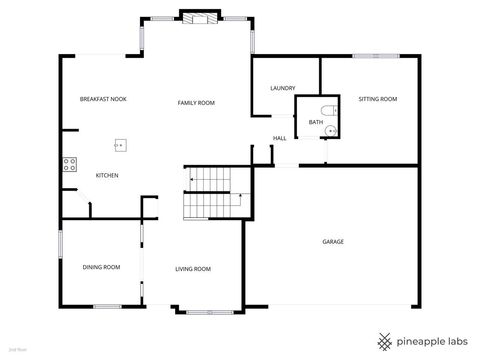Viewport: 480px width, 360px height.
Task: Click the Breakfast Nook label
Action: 102,99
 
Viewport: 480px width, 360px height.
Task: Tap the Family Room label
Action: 196,103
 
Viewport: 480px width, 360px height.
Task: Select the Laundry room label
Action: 282,89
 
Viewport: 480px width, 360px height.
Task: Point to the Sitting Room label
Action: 378,99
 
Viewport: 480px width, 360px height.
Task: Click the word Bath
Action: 315,122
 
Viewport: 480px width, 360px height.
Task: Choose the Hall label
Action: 280,138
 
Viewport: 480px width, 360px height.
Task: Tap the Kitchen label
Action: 107,176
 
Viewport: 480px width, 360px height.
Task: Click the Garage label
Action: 333,241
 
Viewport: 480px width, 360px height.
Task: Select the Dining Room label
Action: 101,267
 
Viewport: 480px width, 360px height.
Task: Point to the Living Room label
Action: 193,268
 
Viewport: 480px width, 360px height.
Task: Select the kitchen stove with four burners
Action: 70,165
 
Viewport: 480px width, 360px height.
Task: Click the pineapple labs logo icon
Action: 384,340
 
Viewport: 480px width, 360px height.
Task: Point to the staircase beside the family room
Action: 212,193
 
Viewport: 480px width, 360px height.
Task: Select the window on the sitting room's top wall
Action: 370,56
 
